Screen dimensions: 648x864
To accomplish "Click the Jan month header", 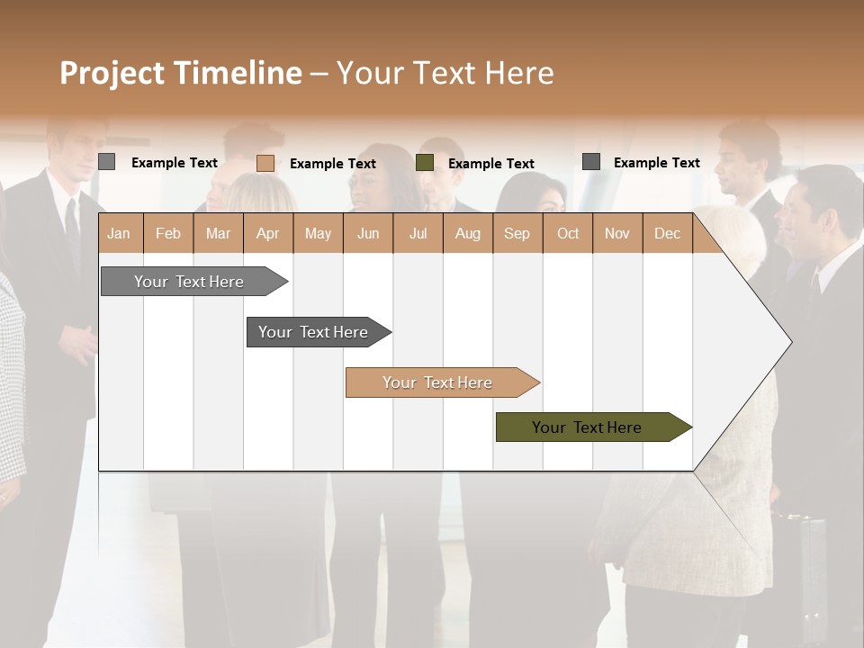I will click(119, 234).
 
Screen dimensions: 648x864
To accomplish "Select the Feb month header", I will click(168, 234).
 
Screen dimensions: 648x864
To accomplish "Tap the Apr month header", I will click(267, 234).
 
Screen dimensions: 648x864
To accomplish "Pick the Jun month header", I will click(368, 234).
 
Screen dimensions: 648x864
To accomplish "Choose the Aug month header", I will click(467, 234).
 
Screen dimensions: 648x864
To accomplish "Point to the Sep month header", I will click(517, 234).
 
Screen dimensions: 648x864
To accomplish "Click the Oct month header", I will click(568, 234).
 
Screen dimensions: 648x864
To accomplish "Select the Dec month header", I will click(667, 234).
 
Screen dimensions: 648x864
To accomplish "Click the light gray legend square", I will click(107, 162).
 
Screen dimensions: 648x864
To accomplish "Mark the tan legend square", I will click(265, 163).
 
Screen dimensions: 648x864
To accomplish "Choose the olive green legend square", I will click(425, 163).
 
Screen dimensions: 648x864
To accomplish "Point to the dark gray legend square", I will click(591, 162).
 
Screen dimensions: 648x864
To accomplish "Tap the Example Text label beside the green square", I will click(491, 164).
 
